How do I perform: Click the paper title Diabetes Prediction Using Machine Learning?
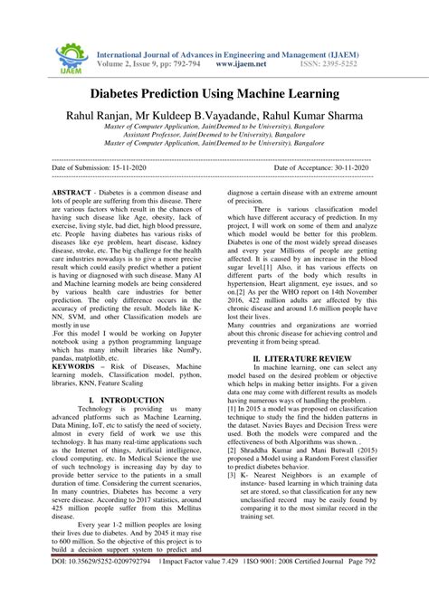click(x=214, y=93)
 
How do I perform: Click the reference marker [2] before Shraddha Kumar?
click(x=233, y=449)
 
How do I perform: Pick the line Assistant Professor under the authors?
click(x=214, y=134)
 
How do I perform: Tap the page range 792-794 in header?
click(x=186, y=64)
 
